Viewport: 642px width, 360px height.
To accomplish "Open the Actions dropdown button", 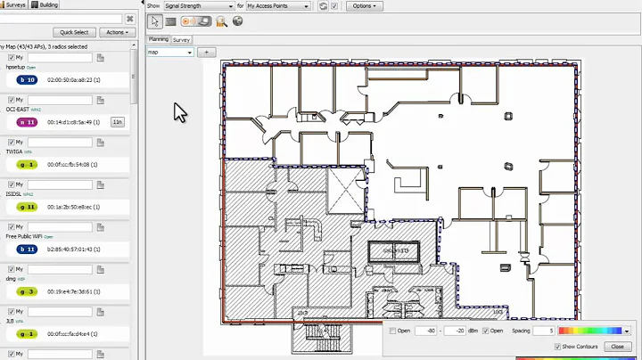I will pyautogui.click(x=117, y=32).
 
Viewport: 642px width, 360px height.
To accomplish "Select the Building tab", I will pyautogui.click(x=45, y=4).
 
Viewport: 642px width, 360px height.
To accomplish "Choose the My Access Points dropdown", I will pyautogui.click(x=278, y=5).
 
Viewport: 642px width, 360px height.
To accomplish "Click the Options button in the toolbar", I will pyautogui.click(x=364, y=5).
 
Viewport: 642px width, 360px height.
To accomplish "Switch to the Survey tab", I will pyautogui.click(x=182, y=39).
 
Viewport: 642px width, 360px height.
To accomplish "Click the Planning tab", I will pyautogui.click(x=159, y=39).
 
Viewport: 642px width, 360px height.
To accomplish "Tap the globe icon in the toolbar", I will pyautogui.click(x=238, y=20).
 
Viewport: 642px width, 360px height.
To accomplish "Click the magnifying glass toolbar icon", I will pyautogui.click(x=221, y=20).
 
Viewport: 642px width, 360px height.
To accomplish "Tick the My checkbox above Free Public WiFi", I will pyautogui.click(x=11, y=227).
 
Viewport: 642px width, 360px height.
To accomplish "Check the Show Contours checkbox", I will pyautogui.click(x=558, y=347).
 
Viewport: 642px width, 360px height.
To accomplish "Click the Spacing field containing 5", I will pyautogui.click(x=540, y=331).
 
